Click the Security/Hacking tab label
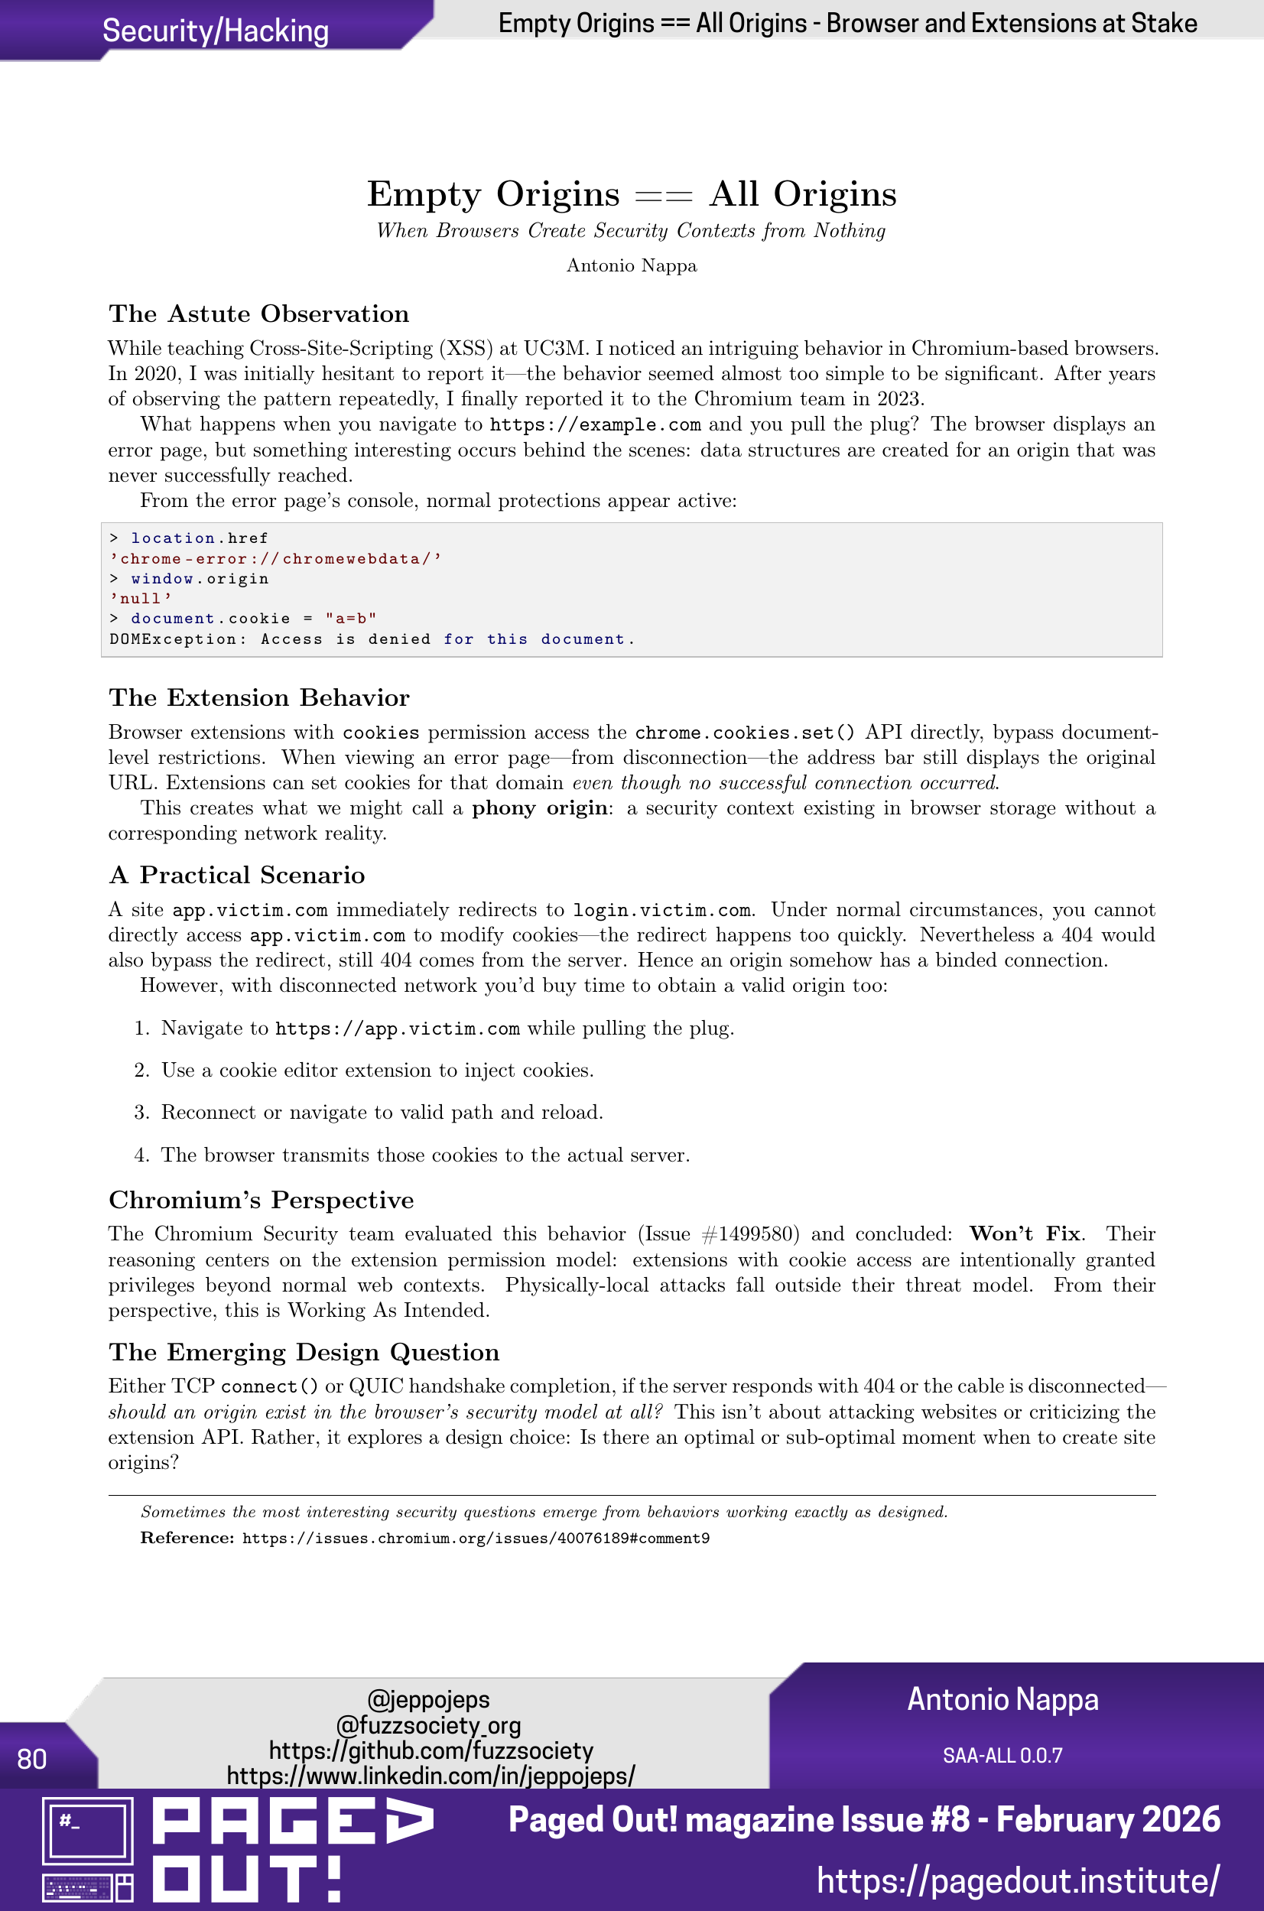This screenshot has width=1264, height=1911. pos(215,31)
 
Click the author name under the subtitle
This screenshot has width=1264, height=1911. pos(631,266)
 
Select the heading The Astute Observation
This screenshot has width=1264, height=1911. pos(258,314)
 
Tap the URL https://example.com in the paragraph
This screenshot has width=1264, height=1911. pos(595,424)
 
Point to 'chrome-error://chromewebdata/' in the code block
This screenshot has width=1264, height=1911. pos(276,558)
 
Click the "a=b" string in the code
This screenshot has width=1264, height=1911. pos(351,618)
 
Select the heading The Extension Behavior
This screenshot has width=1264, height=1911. pos(258,697)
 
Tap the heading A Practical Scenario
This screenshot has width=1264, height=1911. pos(237,875)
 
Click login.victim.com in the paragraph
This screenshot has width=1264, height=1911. pos(661,910)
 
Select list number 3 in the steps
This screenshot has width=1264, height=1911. pos(142,1113)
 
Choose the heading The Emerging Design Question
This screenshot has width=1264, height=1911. pos(304,1352)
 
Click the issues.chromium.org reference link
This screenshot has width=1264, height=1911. pos(476,1538)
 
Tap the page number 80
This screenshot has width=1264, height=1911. pos(31,1759)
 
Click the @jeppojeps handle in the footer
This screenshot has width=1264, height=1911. pos(428,1699)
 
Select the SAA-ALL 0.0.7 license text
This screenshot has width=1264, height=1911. pos(1002,1756)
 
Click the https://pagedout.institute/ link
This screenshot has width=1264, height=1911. pos(1017,1880)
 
